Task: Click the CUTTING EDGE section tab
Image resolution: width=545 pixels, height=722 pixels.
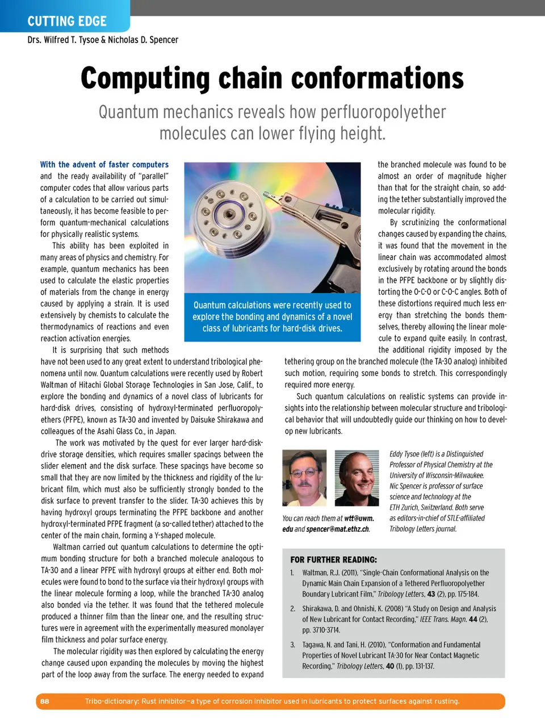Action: click(66, 21)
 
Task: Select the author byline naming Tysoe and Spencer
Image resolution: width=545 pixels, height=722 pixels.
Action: click(103, 40)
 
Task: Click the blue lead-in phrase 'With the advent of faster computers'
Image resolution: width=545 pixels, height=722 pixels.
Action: click(104, 164)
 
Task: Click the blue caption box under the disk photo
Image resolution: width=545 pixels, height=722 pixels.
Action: click(272, 317)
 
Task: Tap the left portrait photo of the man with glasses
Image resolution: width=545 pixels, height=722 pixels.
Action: click(304, 478)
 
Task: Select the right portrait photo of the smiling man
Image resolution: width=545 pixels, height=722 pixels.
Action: click(357, 478)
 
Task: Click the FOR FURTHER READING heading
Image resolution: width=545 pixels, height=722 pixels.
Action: click(333, 560)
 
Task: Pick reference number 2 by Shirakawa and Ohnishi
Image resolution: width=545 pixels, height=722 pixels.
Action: click(393, 619)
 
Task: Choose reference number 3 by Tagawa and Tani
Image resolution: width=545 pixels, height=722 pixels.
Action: click(391, 655)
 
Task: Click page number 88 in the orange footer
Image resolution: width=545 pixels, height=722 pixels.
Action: click(45, 702)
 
